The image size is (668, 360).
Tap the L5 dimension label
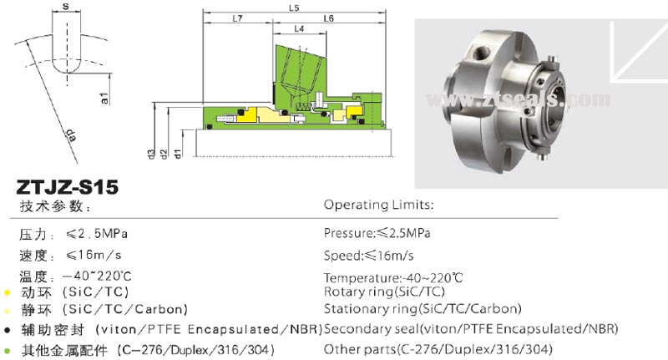point(292,8)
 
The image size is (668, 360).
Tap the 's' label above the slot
point(67,8)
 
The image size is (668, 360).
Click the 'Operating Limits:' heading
point(378,205)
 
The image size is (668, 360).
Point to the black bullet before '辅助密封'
point(8,330)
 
